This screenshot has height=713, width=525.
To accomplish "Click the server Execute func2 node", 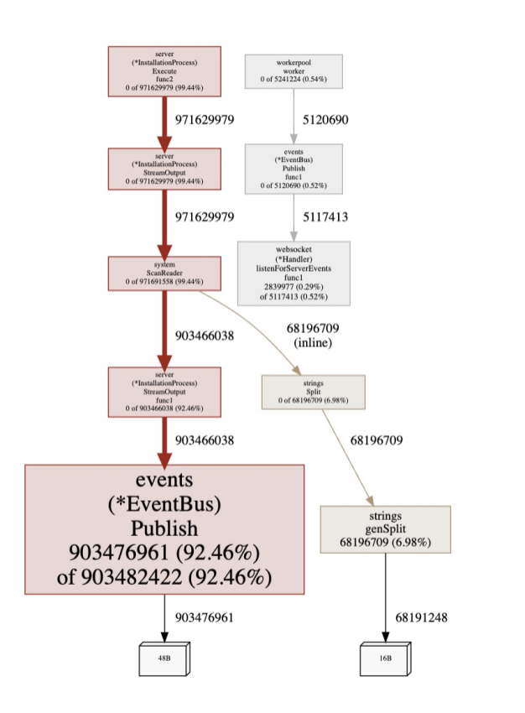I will (164, 70).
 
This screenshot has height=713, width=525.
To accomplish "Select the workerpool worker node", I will (294, 71).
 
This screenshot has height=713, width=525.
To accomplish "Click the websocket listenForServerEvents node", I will (294, 273).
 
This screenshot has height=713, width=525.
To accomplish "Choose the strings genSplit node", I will (385, 528).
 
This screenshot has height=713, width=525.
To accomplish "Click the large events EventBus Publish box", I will (164, 529).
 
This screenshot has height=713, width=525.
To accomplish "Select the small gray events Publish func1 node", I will (294, 168).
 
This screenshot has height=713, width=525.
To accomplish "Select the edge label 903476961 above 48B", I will (204, 617).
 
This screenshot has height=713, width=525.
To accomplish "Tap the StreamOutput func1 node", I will (164, 391).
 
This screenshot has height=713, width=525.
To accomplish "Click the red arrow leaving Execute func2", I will (164, 121).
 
